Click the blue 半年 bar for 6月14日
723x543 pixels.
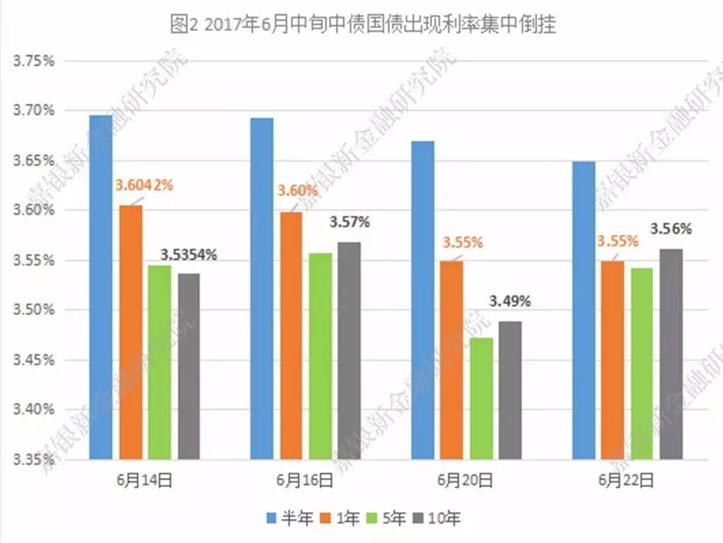(x=101, y=287)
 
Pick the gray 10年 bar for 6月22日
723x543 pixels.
(x=671, y=354)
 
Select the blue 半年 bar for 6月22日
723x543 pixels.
(x=584, y=310)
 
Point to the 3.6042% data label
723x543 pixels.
(x=144, y=185)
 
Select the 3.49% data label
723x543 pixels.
(x=510, y=301)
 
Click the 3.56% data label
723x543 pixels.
(x=671, y=229)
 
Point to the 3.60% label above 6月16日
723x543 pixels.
(x=297, y=191)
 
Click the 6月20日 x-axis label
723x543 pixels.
(x=465, y=480)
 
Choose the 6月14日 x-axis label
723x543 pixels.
(x=145, y=480)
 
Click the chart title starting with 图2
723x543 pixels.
(x=362, y=24)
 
